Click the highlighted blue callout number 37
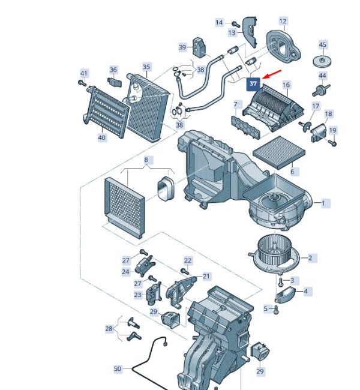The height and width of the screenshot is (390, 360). (253, 83)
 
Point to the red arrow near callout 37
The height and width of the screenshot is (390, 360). (272, 74)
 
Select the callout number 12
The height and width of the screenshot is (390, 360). (283, 22)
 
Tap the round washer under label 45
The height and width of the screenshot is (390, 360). (322, 61)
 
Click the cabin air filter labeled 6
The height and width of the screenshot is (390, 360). (279, 152)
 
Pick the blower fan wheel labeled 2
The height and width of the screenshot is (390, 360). (274, 254)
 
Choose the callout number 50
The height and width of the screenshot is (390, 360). (118, 368)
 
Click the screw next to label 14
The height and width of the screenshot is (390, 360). (236, 25)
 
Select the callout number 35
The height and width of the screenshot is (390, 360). (146, 67)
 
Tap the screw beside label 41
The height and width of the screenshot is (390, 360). (82, 83)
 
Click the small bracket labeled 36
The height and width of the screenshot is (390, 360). (115, 82)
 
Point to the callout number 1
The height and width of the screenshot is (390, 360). (323, 203)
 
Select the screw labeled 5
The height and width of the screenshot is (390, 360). (275, 310)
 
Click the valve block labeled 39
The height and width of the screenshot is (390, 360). (199, 48)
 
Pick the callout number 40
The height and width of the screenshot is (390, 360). (102, 137)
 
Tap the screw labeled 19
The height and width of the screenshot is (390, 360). (332, 143)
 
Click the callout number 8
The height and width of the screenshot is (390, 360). (146, 160)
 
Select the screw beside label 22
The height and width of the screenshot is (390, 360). (185, 271)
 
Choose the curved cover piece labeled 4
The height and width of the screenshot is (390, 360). (285, 295)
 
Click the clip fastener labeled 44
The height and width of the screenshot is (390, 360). (321, 90)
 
